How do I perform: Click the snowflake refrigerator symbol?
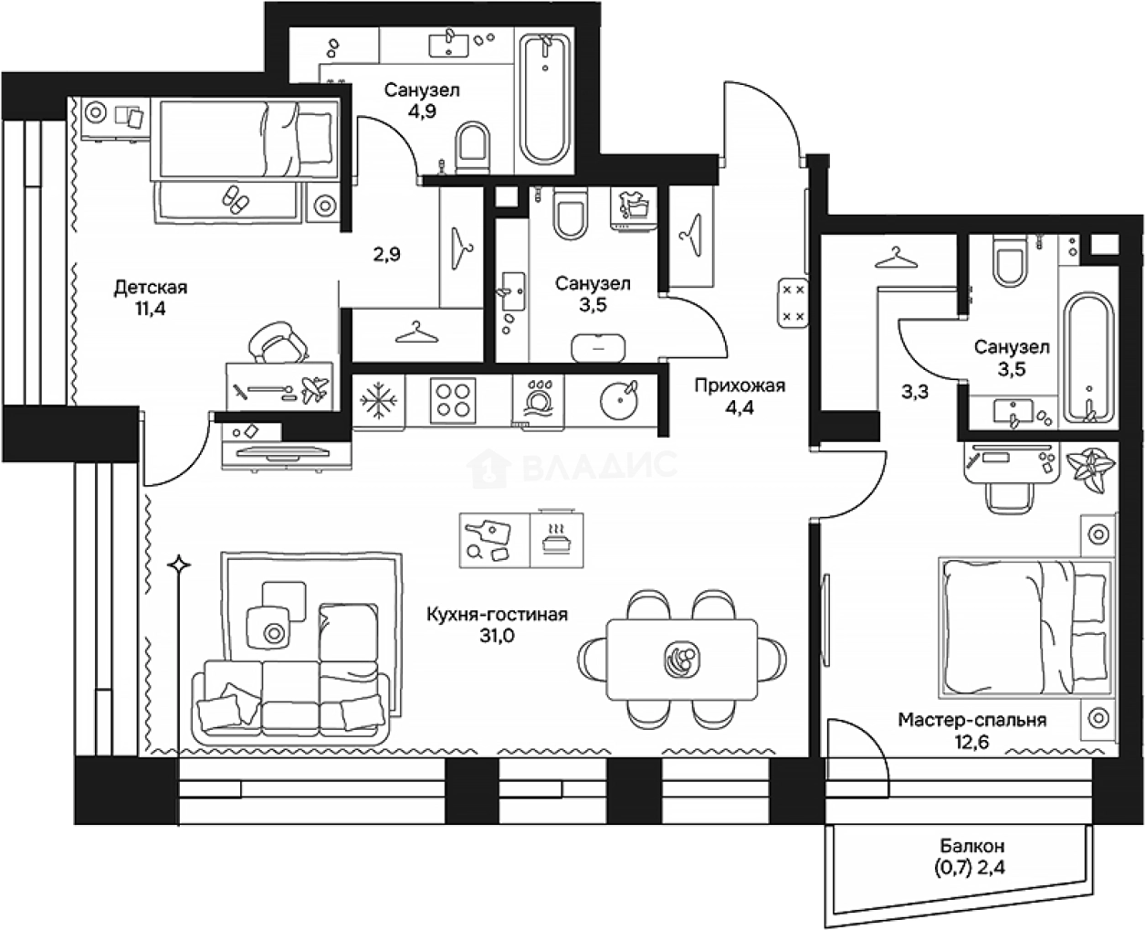pyautogui.click(x=378, y=401)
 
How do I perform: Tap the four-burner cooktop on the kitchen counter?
pyautogui.click(x=453, y=401)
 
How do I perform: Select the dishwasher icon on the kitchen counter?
pyautogui.click(x=538, y=399)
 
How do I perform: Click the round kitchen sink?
pyautogui.click(x=619, y=400)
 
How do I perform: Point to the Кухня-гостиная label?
pyautogui.click(x=497, y=614)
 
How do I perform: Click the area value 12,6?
pyautogui.click(x=972, y=743)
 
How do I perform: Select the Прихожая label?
pyautogui.click(x=740, y=386)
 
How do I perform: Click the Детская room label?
pyautogui.click(x=151, y=288)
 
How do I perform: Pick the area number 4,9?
pyautogui.click(x=422, y=111)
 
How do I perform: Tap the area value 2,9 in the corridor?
pyautogui.click(x=387, y=254)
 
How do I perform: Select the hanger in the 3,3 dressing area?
pyautogui.click(x=896, y=258)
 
